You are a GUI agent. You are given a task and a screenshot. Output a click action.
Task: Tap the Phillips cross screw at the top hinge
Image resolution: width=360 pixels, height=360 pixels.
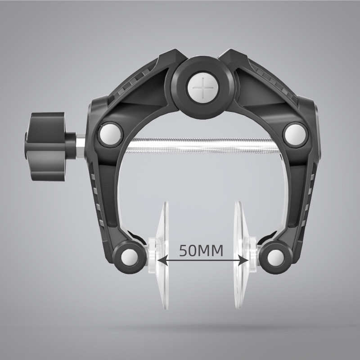[x=203, y=88]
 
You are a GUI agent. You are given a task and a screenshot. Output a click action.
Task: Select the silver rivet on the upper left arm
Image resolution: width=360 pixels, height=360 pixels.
[x=110, y=135]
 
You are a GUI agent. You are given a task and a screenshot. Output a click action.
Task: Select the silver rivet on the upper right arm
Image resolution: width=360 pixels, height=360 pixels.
[x=295, y=135]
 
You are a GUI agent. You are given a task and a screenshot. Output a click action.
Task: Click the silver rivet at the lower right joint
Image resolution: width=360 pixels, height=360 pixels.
[x=275, y=257]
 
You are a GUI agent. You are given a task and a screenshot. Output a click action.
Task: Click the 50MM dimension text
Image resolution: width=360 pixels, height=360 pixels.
[x=201, y=251]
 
